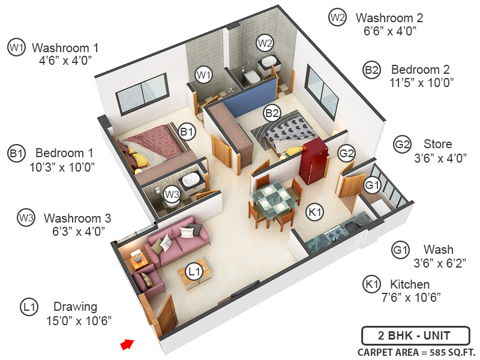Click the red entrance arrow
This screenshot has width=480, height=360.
pos(126,344)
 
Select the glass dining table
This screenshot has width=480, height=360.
pos(272,200)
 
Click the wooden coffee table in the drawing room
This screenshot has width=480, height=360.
pos(193,273)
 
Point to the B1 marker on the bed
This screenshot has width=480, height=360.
pos(187,131)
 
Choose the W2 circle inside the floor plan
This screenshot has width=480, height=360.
pos(265,43)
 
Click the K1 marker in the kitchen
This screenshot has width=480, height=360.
pos(314,211)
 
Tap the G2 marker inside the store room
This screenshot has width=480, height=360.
pos(346,154)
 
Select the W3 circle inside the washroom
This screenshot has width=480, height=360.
pos(172,194)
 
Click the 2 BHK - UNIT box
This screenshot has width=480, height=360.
pos(415,335)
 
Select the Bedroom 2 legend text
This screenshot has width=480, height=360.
pos(420,69)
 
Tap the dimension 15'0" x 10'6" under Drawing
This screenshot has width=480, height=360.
pos(79,320)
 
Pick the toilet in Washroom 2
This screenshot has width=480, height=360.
pos(251,77)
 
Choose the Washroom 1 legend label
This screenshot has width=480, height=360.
pos(65,47)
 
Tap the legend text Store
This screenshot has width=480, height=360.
pos(437,144)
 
